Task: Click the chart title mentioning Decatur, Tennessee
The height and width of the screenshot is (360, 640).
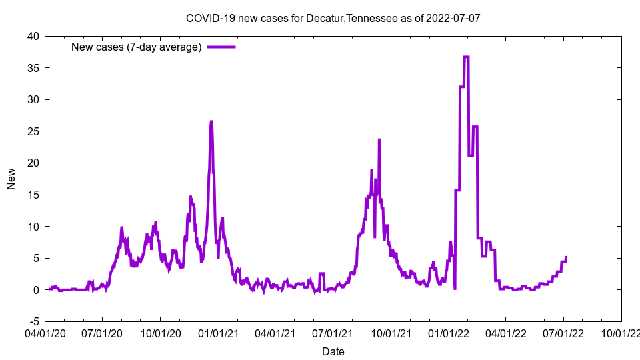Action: pyautogui.click(x=333, y=18)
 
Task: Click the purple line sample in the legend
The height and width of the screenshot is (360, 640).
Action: pyautogui.click(x=221, y=47)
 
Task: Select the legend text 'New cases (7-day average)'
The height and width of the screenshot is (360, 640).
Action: pyautogui.click(x=136, y=47)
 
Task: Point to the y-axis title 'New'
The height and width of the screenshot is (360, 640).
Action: pyautogui.click(x=11, y=179)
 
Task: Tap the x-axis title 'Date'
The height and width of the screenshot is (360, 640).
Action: pyautogui.click(x=333, y=351)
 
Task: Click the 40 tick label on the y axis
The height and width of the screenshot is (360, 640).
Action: pyautogui.click(x=33, y=36)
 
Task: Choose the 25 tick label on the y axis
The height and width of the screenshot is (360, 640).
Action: pyautogui.click(x=33, y=131)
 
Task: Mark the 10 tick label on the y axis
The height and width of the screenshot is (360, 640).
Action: pyautogui.click(x=33, y=227)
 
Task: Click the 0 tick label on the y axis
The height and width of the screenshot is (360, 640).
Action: pyautogui.click(x=36, y=290)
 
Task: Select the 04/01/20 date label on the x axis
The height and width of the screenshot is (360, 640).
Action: pyautogui.click(x=45, y=332)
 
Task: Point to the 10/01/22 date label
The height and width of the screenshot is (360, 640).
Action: pyautogui.click(x=621, y=332)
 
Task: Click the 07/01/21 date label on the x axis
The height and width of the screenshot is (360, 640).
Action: pyautogui.click(x=333, y=332)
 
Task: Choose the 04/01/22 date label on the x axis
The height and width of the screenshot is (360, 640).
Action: pyautogui.click(x=505, y=332)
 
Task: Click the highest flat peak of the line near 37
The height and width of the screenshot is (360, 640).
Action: pyautogui.click(x=465, y=57)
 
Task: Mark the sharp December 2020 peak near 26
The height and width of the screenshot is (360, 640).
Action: pyautogui.click(x=211, y=122)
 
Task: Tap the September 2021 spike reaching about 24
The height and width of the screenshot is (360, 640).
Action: pyautogui.click(x=379, y=140)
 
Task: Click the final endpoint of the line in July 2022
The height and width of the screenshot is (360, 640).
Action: pyautogui.click(x=566, y=258)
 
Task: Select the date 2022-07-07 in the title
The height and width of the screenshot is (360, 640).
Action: pyautogui.click(x=455, y=18)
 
